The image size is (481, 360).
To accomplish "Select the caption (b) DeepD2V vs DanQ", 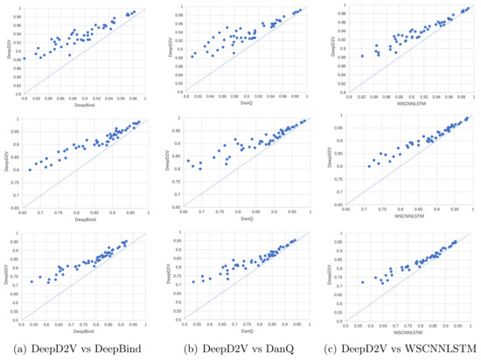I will (x=240, y=349).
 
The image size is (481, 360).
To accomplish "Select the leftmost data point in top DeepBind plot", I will (x=24, y=59).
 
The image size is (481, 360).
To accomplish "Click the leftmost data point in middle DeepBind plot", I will (x=30, y=170).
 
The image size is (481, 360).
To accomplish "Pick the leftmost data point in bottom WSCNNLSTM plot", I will (x=362, y=282).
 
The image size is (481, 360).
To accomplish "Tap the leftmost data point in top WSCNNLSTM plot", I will (x=362, y=56).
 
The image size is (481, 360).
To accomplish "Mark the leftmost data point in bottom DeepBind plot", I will (x=31, y=281).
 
